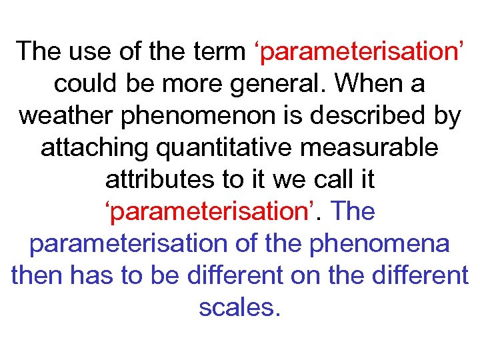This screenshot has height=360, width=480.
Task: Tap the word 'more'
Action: (x=199, y=84)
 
